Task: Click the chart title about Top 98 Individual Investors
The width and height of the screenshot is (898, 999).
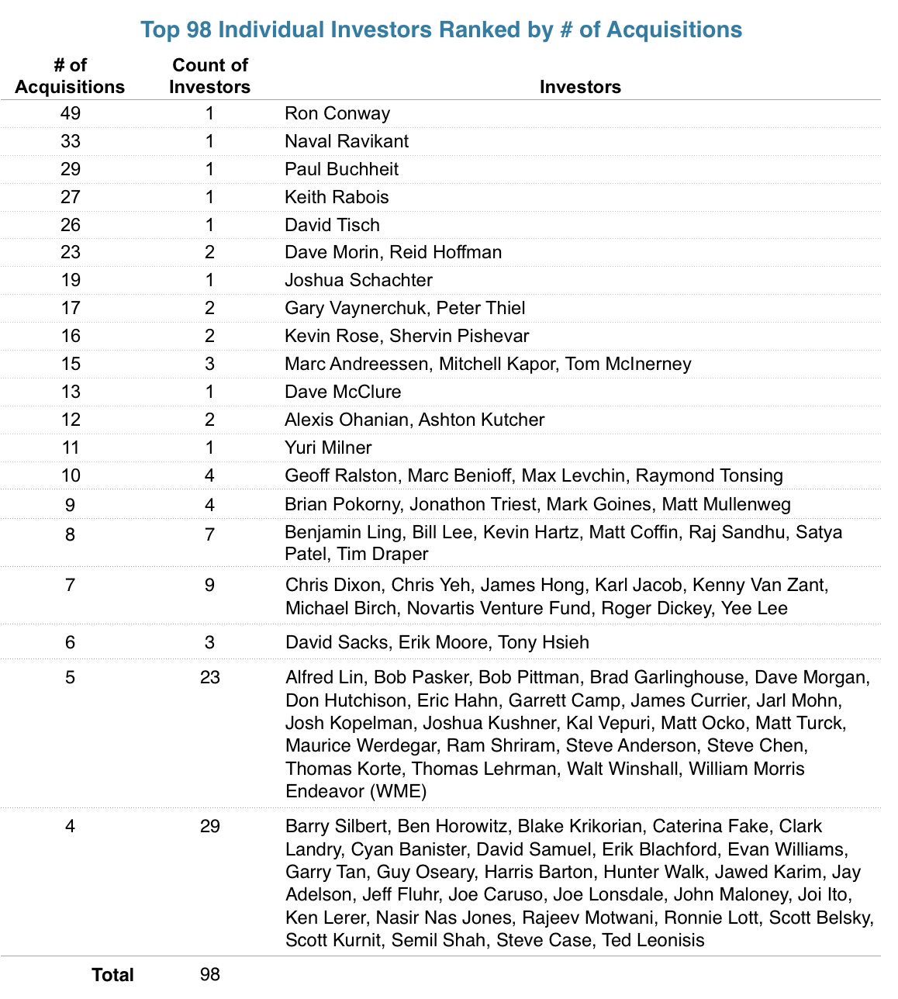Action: pos(441,29)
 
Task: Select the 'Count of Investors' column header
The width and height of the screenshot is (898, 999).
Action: pos(209,76)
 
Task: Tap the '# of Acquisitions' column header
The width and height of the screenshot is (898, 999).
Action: pos(70,76)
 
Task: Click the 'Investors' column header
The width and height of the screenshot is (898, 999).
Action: pos(580,87)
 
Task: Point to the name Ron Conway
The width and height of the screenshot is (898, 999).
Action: pos(337,113)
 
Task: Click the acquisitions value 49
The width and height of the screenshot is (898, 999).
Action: pos(71,113)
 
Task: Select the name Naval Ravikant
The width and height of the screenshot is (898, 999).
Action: pos(347,141)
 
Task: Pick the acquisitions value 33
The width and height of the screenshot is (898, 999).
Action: pos(71,141)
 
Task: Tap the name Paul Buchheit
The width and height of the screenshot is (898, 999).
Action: pos(342,169)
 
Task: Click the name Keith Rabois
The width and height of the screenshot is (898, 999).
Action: pos(337,197)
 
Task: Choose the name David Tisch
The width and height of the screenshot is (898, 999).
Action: pos(332,225)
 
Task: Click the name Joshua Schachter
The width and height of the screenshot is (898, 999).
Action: pos(358,280)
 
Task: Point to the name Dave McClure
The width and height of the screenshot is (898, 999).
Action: pos(343,392)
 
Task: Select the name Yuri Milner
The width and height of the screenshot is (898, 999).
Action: pos(328,448)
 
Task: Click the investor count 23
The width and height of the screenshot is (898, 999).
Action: pos(209,677)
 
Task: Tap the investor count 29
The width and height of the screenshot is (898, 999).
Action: pos(209,826)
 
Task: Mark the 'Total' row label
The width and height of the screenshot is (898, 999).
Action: pos(113,975)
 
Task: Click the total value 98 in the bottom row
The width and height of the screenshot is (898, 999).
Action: pos(209,974)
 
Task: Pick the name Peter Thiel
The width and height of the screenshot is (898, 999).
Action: pos(481,308)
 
